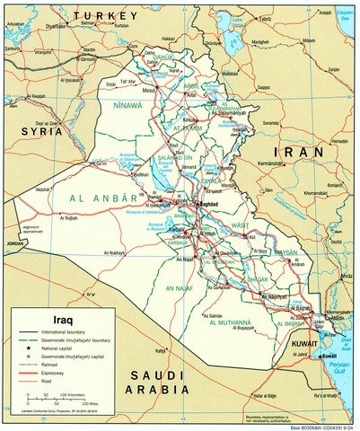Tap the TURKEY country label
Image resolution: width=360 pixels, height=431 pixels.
[107, 16]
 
